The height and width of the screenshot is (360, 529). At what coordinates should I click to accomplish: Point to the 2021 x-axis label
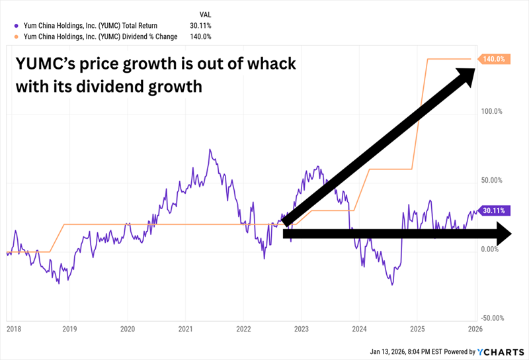tap(186, 329)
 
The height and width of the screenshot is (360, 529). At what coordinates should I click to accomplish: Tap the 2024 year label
tap(360, 329)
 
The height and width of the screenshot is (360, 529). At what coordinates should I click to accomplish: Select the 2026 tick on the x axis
tap(475, 329)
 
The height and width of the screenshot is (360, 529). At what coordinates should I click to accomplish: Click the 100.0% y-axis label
tap(491, 112)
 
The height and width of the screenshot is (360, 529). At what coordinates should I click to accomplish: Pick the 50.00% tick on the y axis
tap(491, 180)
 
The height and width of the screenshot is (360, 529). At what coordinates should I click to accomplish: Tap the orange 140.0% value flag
tap(494, 59)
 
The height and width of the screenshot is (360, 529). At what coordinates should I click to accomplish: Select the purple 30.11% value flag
tap(494, 211)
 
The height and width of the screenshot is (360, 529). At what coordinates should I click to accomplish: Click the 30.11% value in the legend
tap(200, 26)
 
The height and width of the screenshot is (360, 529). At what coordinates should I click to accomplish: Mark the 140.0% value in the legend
tap(200, 36)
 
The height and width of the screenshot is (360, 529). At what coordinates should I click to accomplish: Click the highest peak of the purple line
tap(210, 150)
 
